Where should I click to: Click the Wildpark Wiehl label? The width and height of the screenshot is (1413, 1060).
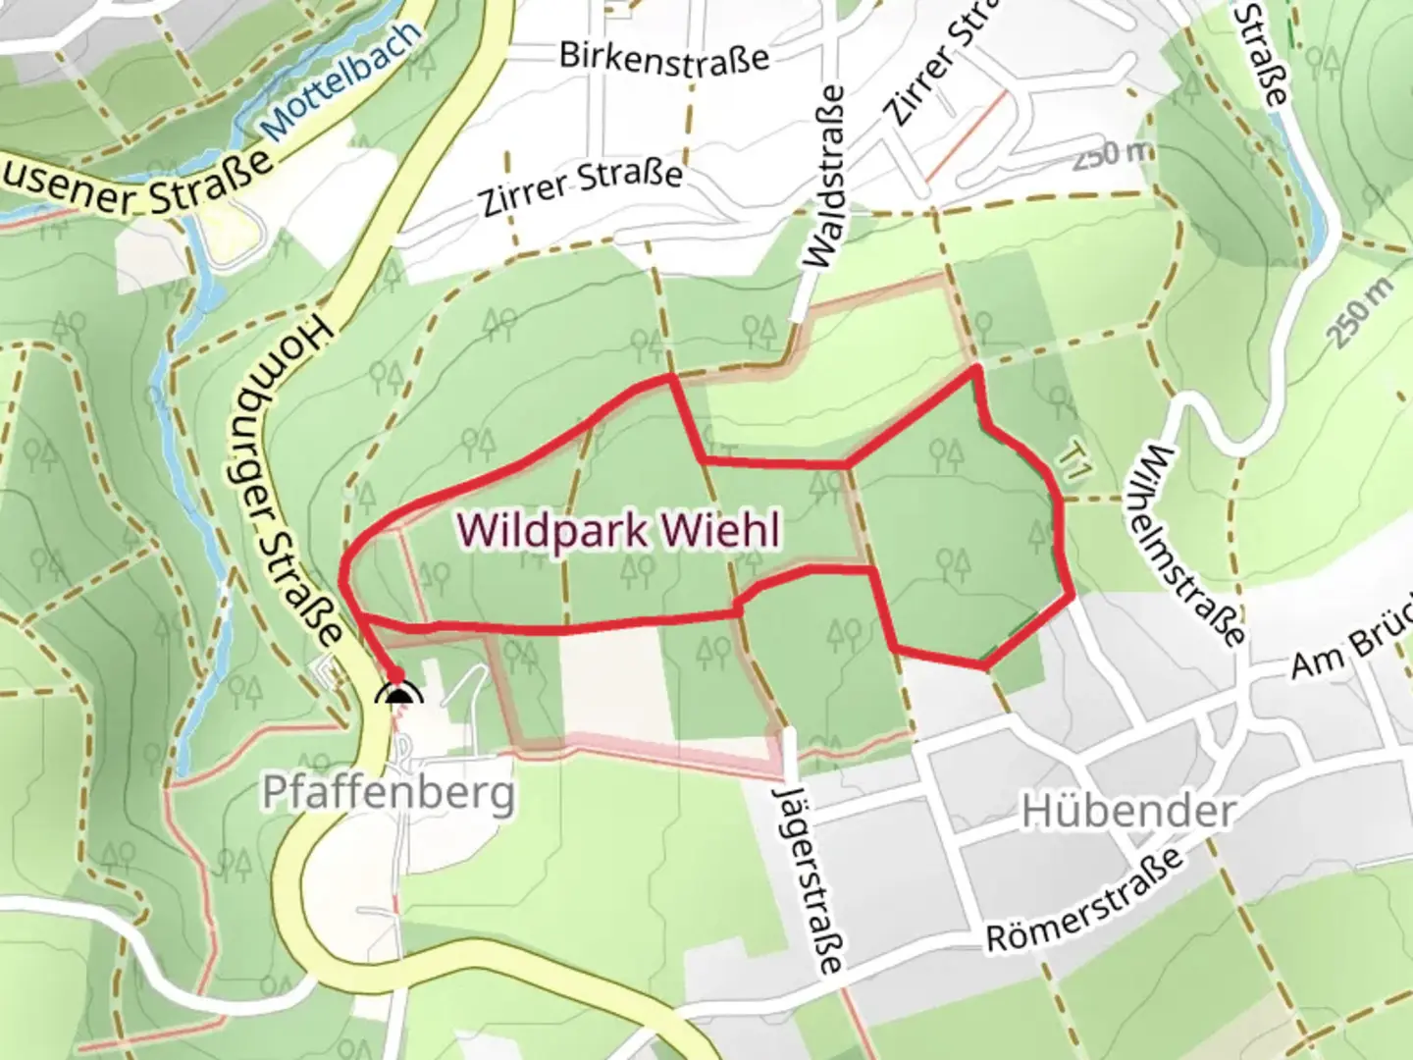coord(619,531)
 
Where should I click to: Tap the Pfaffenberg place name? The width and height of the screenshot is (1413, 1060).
coord(389,791)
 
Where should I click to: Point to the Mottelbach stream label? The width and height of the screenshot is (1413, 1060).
coord(342,79)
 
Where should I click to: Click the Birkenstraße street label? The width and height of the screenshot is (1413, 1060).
coord(664,56)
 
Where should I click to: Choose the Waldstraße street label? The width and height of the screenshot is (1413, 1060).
coord(824,176)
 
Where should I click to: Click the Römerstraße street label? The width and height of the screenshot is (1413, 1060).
coord(1085,902)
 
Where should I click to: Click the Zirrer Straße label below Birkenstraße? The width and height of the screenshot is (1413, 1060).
coord(582,187)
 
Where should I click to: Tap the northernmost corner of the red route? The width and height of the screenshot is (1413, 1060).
coord(976,369)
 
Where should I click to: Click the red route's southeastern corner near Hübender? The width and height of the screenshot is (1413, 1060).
coord(985,666)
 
